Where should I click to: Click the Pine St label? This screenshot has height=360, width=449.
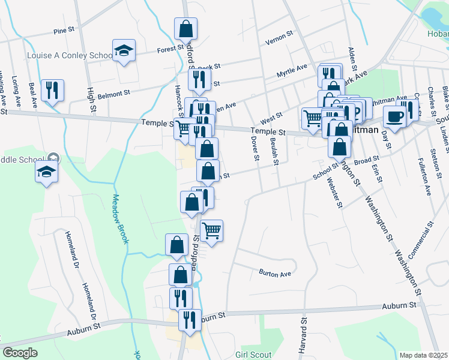click(x=63, y=31)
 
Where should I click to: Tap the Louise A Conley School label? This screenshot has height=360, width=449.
click(x=70, y=55)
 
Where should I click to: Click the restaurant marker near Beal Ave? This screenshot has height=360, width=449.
click(x=52, y=91)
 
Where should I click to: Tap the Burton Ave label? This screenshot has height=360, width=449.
click(x=275, y=274)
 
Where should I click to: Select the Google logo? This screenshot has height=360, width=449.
click(x=20, y=353)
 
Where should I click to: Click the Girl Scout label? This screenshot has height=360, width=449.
click(x=254, y=355)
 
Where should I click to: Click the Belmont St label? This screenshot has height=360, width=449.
click(x=114, y=94)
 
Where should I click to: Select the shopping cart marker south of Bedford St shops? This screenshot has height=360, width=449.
click(x=211, y=230)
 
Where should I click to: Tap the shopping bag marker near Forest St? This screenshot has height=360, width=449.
click(x=186, y=28)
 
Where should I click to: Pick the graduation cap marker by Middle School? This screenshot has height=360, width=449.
click(x=46, y=172)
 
